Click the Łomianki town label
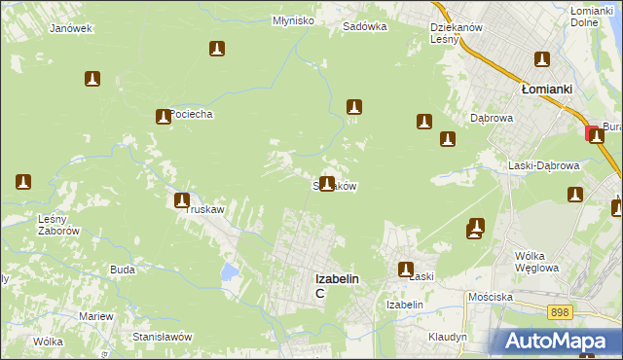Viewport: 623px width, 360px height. tap(545, 88)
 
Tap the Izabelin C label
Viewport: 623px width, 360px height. tap(336, 284)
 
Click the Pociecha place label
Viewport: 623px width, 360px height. tap(191, 114)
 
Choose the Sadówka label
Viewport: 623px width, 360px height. tap(365, 27)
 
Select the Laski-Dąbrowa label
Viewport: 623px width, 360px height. tap(544, 165)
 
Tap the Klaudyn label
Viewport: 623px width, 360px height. tap(447, 337)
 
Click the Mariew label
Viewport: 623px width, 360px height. tap(96, 317)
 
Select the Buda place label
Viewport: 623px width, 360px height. tap(122, 270)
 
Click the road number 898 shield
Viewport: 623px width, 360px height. tap(559, 312)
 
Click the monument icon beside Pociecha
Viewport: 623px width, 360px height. tap(163, 117)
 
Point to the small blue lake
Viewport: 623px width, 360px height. tap(229, 271)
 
